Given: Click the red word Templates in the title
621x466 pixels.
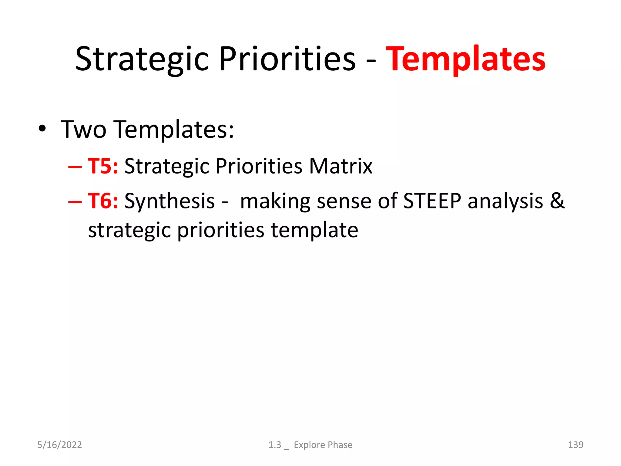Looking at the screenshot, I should (x=465, y=59).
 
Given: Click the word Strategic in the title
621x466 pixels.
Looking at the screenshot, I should (x=142, y=59).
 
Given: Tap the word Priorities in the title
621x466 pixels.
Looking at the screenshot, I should (x=287, y=59).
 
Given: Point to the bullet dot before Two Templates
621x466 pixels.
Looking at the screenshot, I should (x=42, y=129).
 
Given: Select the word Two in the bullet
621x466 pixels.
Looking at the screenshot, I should (x=83, y=130).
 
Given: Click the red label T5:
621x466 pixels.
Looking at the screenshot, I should (x=103, y=166).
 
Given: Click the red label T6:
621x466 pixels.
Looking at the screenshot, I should (x=103, y=201).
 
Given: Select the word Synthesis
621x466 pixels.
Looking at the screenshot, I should (x=170, y=201).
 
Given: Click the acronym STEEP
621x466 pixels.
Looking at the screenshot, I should (x=432, y=201).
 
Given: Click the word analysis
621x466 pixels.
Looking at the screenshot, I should (x=505, y=201).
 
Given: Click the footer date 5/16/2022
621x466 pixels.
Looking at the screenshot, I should (x=59, y=445).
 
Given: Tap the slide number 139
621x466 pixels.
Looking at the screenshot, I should (x=576, y=445).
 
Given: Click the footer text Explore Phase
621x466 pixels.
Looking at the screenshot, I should (x=323, y=445).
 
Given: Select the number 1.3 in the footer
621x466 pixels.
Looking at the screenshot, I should (x=275, y=445).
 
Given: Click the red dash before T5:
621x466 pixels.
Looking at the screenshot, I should (x=75, y=167).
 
